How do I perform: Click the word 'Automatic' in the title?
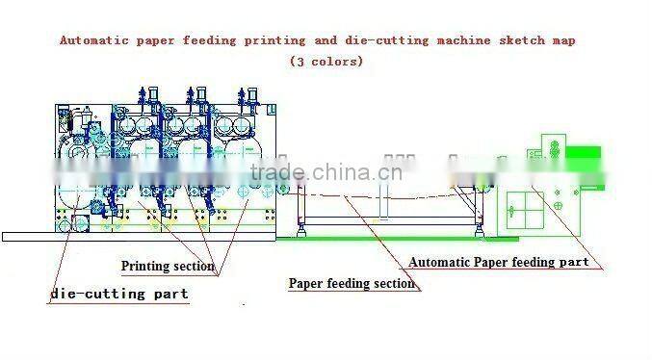click(93, 40)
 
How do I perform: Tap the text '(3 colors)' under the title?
click(326, 61)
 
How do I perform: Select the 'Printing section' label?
click(168, 266)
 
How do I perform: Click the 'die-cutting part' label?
click(118, 293)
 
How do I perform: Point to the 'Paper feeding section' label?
click(352, 283)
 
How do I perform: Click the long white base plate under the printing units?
click(144, 236)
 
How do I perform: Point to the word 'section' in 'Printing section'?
click(192, 266)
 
